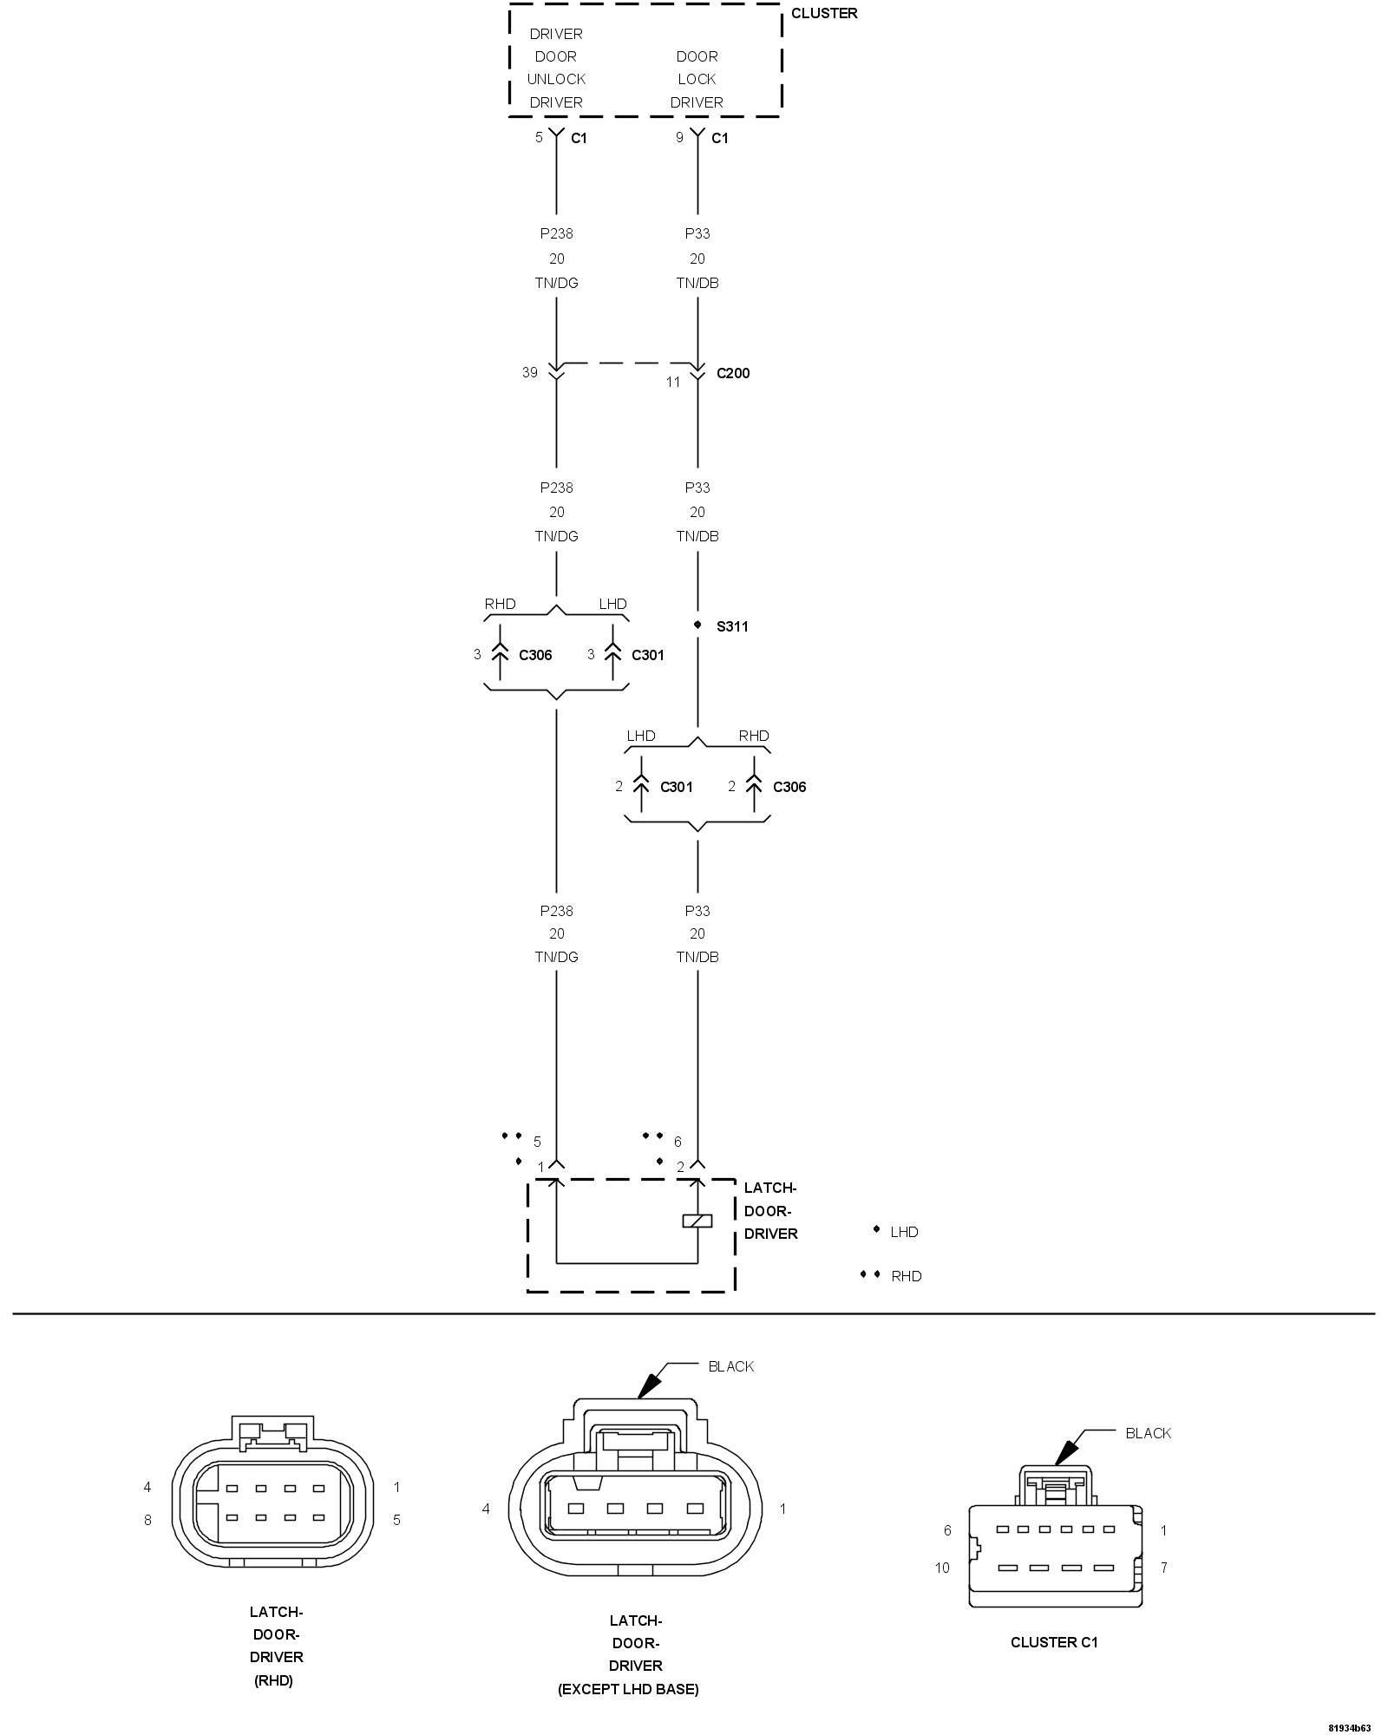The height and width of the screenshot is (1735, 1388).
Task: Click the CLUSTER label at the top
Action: click(823, 13)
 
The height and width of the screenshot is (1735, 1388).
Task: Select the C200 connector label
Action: click(733, 373)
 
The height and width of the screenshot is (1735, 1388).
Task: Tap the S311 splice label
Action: click(732, 626)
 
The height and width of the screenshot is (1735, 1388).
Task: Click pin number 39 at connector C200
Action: click(530, 372)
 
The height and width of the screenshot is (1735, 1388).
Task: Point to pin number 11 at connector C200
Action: click(673, 381)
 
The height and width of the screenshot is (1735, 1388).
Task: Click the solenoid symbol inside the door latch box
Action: click(697, 1221)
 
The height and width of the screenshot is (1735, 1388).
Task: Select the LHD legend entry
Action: click(904, 1232)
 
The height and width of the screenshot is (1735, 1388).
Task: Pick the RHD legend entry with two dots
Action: click(906, 1276)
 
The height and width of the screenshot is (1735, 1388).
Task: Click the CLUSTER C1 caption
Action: click(1054, 1642)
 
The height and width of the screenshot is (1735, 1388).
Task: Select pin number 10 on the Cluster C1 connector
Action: click(942, 1568)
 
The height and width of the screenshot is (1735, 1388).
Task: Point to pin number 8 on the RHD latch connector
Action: click(147, 1520)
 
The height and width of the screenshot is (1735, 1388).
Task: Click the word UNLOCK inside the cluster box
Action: click(556, 79)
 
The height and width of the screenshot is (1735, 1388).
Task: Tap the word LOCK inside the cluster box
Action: click(697, 79)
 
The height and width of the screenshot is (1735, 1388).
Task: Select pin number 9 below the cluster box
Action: click(679, 137)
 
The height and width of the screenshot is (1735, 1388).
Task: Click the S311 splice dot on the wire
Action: click(697, 625)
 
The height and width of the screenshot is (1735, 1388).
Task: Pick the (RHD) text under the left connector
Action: click(274, 1680)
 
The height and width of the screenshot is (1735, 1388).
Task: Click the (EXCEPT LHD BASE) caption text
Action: click(628, 1689)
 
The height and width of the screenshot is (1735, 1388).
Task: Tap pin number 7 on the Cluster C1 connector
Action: click(1164, 1568)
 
